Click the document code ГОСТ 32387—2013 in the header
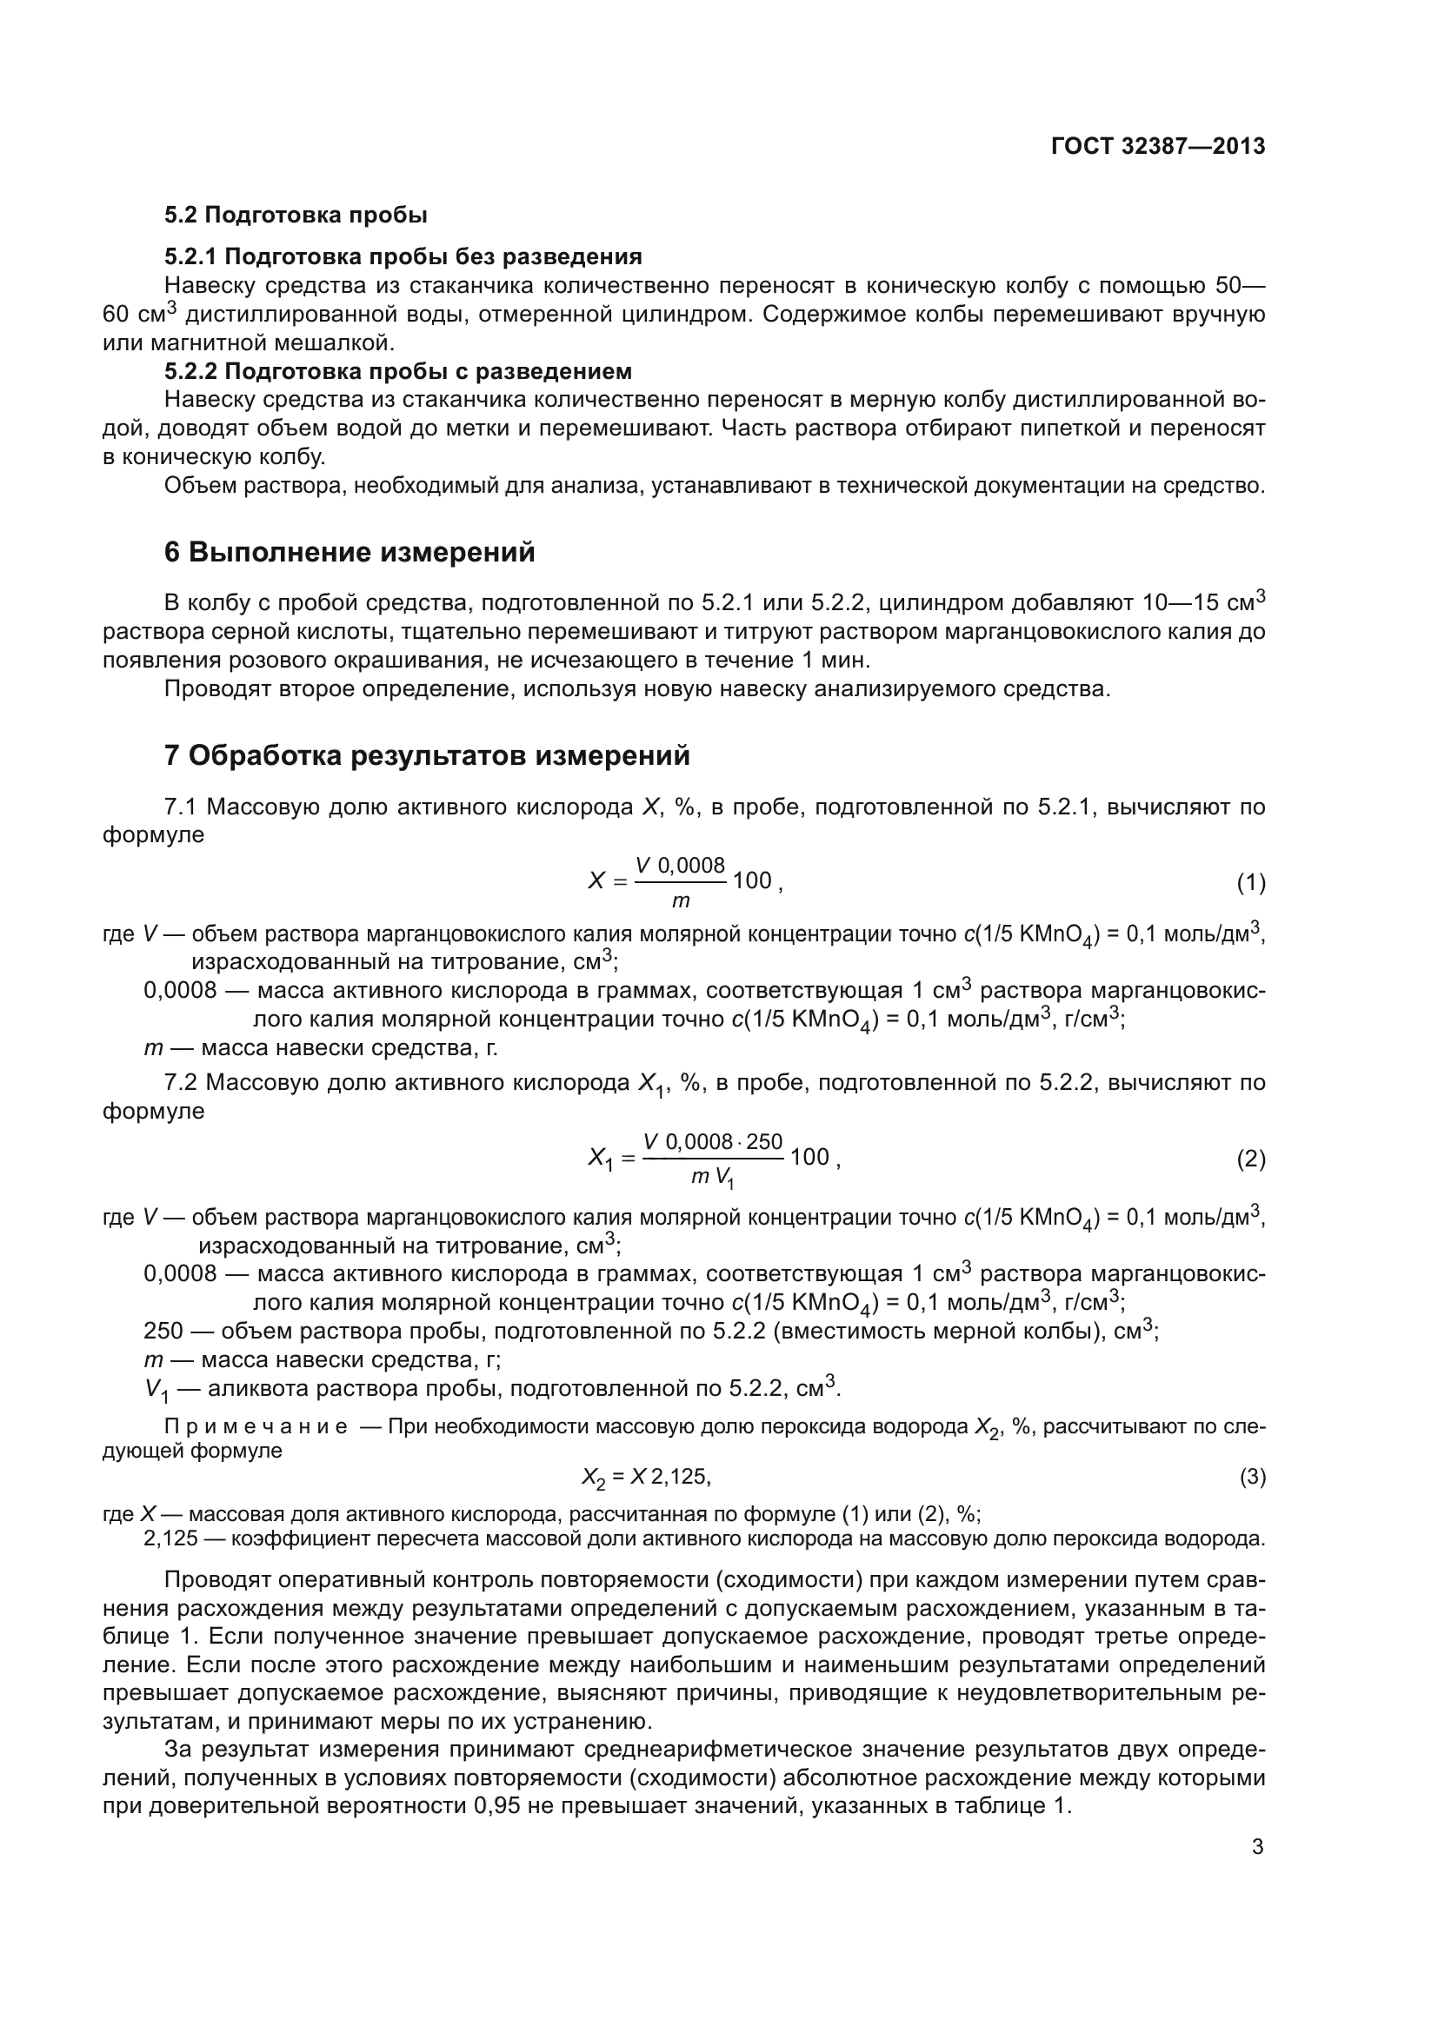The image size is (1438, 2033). [x=1157, y=147]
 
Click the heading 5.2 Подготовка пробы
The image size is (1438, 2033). [x=296, y=216]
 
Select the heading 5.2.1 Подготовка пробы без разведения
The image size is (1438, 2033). [x=403, y=256]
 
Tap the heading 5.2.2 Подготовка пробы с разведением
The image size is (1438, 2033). [x=397, y=370]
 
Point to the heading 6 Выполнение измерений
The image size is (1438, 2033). [x=350, y=553]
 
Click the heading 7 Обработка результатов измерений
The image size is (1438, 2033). [x=427, y=756]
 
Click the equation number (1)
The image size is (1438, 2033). [x=1250, y=883]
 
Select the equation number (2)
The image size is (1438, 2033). [x=1250, y=1159]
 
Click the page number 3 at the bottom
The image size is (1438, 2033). [x=1257, y=1847]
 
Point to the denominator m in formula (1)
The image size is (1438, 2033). [x=680, y=902]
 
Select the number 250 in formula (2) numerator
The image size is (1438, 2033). [x=764, y=1142]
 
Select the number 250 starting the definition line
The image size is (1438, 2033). [x=163, y=1331]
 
